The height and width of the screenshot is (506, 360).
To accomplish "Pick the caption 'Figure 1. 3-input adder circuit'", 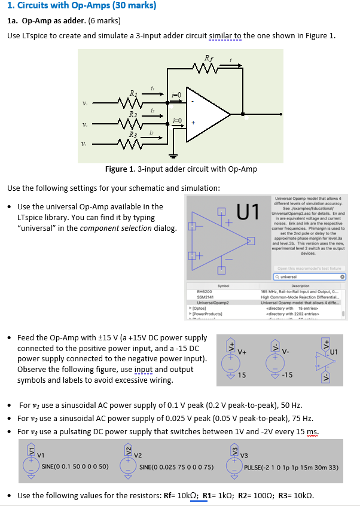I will tap(181, 169).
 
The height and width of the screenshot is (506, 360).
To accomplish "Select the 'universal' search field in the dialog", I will tap(308, 277).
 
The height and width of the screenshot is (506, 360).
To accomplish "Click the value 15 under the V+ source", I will tap(242, 375).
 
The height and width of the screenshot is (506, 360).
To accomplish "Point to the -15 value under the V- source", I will tap(287, 375).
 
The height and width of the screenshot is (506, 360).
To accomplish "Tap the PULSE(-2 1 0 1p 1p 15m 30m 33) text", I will tap(291, 466).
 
